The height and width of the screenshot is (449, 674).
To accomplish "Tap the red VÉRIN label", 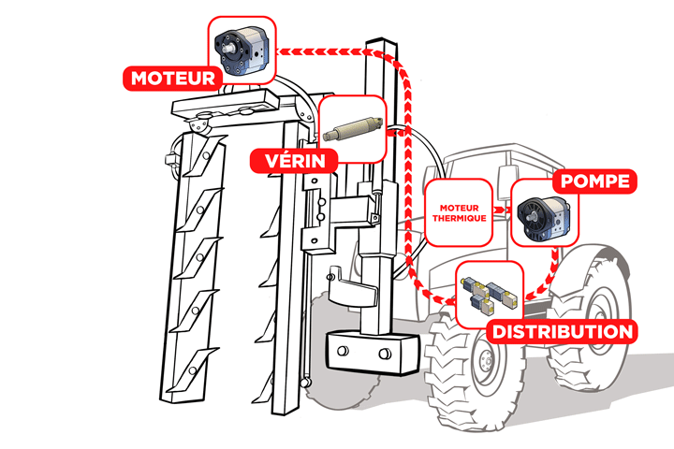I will pos(293,160).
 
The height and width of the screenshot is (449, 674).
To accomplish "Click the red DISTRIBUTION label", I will pos(563,331).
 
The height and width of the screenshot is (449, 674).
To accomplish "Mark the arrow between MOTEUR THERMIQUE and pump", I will pos(501,211).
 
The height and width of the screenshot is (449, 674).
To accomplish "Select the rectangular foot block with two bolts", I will pos(365,353).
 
